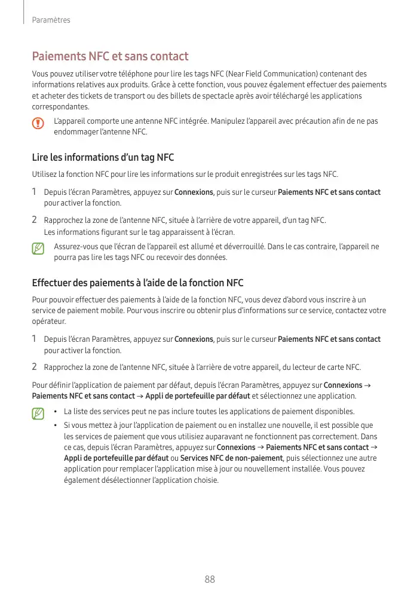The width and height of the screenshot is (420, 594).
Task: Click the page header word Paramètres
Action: [51, 20]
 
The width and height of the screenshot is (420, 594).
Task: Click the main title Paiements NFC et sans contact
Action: [110, 57]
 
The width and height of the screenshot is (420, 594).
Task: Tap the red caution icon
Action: [39, 124]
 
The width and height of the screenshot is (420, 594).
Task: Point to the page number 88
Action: [210, 579]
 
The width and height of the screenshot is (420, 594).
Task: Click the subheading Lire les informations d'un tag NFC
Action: [103, 158]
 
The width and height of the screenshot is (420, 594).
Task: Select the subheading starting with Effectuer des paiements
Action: [137, 283]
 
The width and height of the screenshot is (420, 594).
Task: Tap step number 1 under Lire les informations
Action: [35, 192]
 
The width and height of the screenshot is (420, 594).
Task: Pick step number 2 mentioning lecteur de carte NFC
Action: [35, 366]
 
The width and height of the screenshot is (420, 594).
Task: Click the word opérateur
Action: [48, 322]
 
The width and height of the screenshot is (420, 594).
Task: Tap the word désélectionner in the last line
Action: [114, 480]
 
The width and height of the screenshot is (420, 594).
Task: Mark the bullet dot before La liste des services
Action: [55, 412]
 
